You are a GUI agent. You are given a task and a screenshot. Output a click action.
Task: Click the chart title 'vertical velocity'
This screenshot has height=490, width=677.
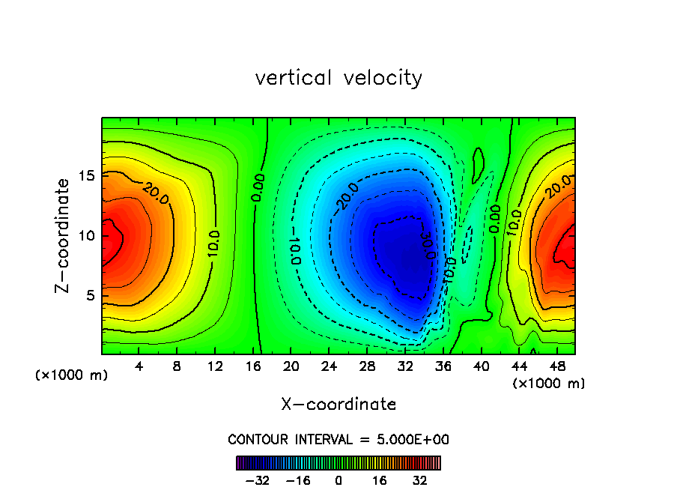338,78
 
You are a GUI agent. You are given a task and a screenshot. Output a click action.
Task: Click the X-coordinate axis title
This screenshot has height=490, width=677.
338,405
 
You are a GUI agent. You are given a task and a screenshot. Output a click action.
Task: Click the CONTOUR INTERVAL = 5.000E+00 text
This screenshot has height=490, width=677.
338,440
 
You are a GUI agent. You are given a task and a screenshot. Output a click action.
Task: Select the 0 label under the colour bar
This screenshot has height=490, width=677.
338,480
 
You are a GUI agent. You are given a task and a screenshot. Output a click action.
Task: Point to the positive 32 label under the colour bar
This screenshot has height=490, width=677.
419,480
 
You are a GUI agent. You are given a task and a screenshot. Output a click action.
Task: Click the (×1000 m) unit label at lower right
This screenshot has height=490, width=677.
549,384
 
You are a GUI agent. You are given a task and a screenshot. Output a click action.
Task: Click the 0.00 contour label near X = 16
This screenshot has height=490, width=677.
258,187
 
